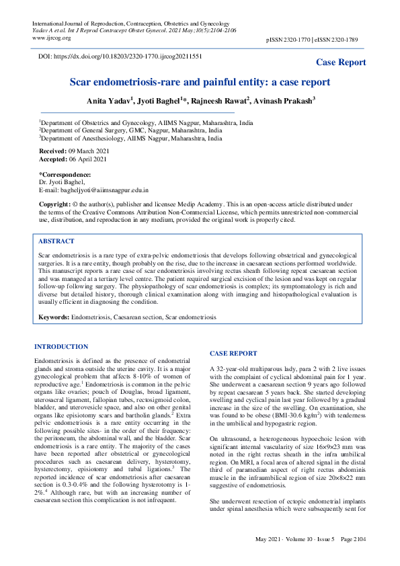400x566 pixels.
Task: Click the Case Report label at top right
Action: [x=341, y=63]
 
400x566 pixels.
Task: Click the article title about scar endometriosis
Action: [x=200, y=83]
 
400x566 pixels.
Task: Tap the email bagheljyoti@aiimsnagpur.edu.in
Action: [x=93, y=190]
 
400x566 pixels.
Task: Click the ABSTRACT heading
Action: [x=56, y=241]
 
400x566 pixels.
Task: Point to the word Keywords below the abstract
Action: [x=54, y=316]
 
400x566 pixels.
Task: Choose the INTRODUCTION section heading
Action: [x=61, y=347]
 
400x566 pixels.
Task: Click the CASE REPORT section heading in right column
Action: [x=233, y=353]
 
